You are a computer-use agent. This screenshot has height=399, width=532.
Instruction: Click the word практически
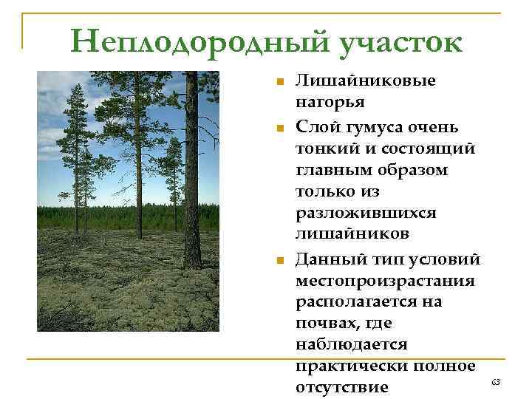pyautogui.click(x=349, y=366)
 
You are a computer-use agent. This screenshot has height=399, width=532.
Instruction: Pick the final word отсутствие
pyautogui.click(x=342, y=387)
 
